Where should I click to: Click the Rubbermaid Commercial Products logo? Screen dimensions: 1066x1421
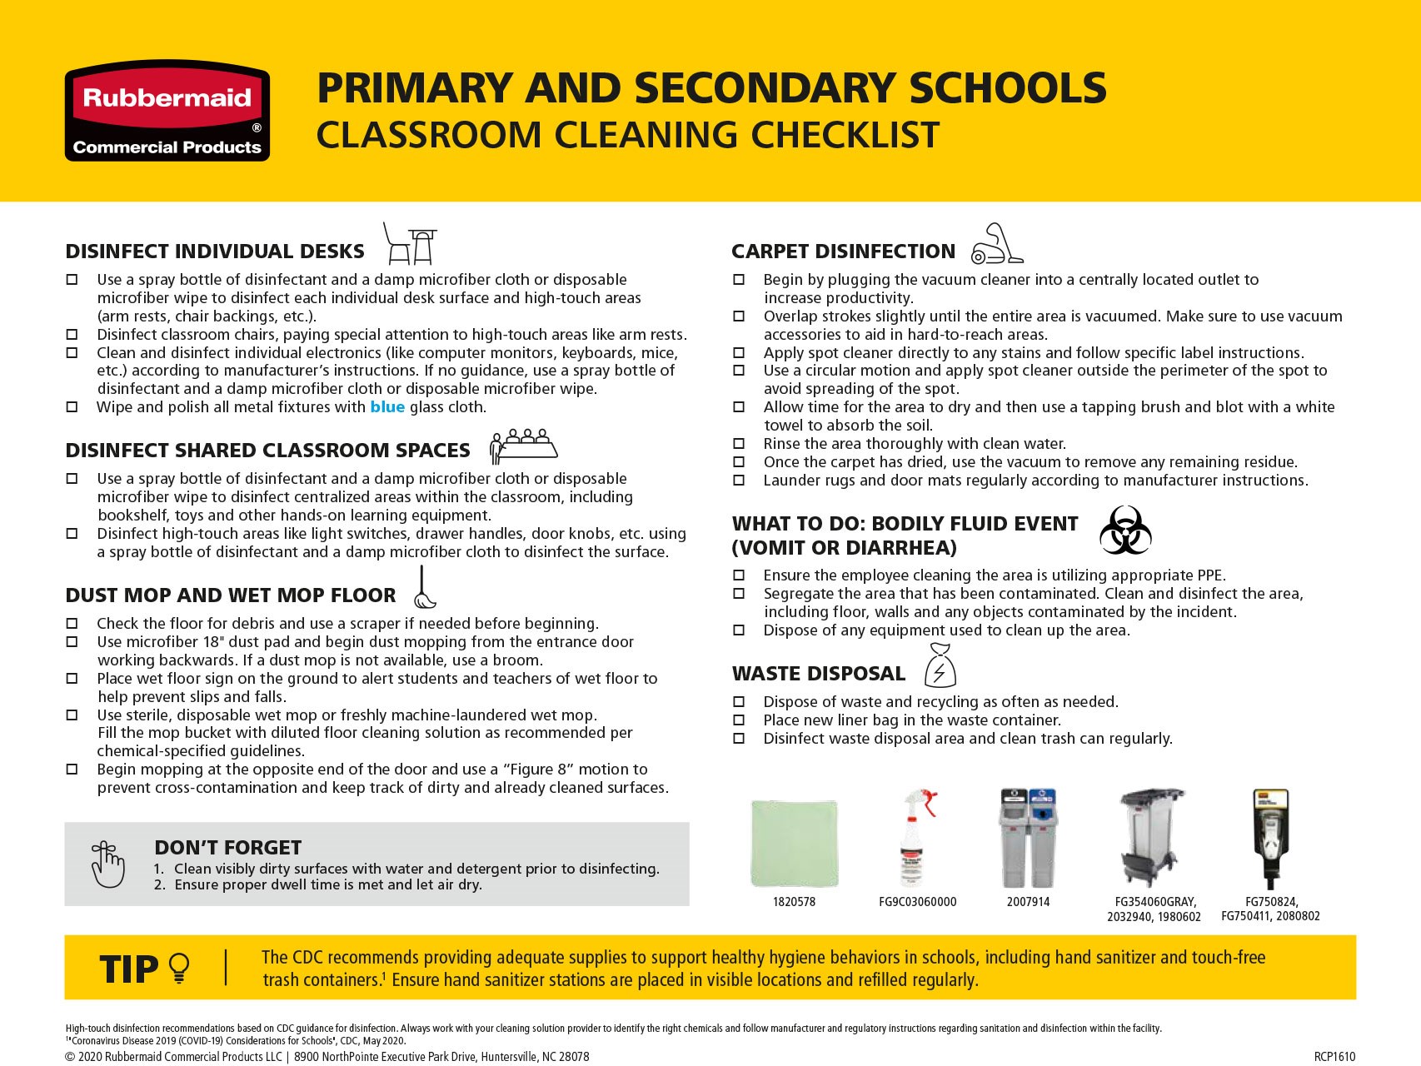167,111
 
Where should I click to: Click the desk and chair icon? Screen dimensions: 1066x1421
410,244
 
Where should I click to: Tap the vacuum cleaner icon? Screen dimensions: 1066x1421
997,244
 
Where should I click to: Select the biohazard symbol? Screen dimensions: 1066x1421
1125,531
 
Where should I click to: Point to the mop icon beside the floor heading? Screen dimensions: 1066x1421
424,588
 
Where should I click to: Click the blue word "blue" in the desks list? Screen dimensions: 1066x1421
387,407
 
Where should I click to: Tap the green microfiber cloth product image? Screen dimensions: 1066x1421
794,843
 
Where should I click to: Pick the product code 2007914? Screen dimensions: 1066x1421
1028,902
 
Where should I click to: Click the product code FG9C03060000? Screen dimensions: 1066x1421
917,902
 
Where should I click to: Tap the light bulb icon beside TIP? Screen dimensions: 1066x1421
179,968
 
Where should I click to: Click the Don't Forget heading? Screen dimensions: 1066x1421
227,848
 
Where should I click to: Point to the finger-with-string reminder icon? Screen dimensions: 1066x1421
108,864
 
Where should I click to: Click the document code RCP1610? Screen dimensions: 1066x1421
1334,1057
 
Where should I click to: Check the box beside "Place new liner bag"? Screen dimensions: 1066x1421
739,720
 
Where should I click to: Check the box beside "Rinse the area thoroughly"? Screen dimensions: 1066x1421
739,444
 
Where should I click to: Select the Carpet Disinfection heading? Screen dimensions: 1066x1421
843,252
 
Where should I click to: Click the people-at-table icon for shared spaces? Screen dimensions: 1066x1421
523,446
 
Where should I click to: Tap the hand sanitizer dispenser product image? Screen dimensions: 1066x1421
1270,838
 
